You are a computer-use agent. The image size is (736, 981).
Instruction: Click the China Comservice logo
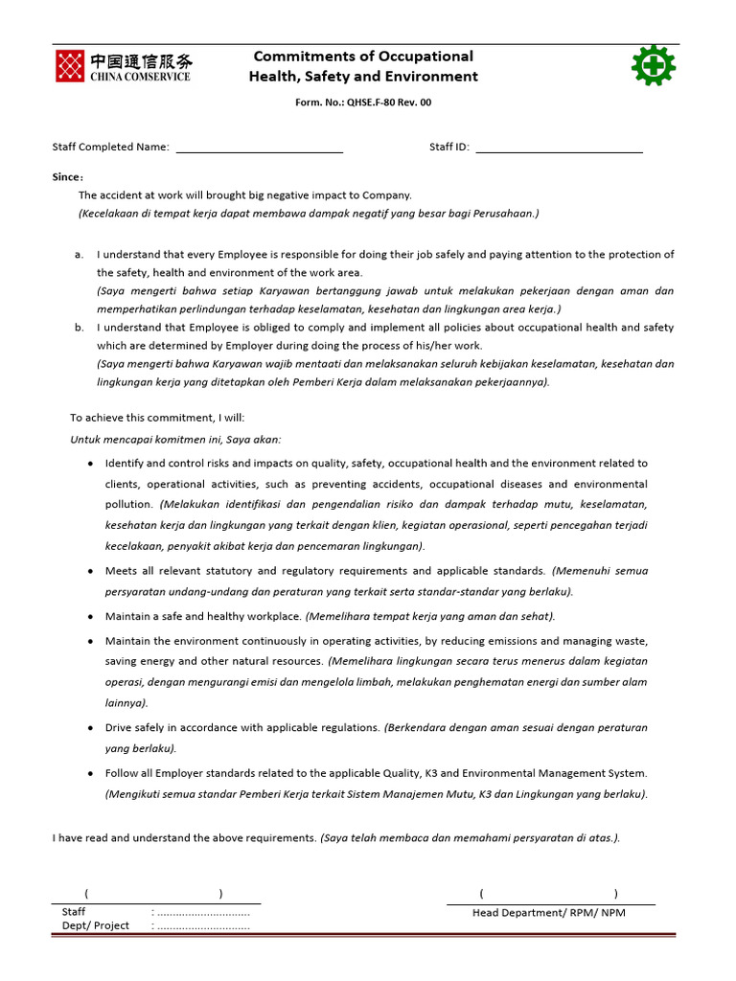tap(123, 66)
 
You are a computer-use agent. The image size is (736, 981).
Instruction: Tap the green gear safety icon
tap(654, 66)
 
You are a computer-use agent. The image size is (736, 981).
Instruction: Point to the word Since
tap(67, 177)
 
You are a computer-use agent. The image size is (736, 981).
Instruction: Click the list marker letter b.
tap(79, 328)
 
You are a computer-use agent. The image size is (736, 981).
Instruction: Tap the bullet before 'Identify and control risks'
tap(90, 463)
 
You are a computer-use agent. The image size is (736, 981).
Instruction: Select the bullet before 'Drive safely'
tap(90, 728)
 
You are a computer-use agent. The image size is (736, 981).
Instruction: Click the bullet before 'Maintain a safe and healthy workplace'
tap(90, 617)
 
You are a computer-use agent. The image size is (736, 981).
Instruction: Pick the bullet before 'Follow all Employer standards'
tap(90, 774)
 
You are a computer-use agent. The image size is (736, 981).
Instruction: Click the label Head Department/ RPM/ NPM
tap(548, 913)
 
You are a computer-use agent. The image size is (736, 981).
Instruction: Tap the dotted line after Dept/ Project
tap(203, 926)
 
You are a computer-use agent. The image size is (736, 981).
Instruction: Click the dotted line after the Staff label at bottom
tap(203, 913)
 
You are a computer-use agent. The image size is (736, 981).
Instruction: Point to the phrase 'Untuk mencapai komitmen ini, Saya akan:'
tap(175, 440)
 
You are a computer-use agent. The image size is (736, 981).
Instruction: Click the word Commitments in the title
tap(305, 57)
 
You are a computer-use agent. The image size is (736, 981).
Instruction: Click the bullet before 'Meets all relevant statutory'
tap(90, 571)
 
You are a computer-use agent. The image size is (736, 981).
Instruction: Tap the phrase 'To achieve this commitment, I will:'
tap(157, 418)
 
